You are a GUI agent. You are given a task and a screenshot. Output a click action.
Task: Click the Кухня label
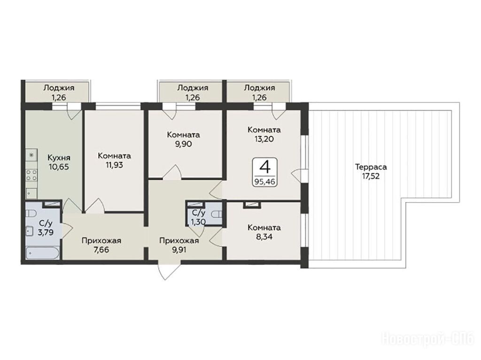pos(59,158)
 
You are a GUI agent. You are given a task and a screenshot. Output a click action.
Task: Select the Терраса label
pos(371,167)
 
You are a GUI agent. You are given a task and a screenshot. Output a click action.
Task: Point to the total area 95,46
pos(264,182)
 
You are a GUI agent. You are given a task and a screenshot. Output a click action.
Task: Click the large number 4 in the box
pos(265,168)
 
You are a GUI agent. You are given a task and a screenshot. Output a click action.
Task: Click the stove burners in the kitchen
pos(31,175)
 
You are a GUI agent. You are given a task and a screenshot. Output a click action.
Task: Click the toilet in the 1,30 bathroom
pos(217,214)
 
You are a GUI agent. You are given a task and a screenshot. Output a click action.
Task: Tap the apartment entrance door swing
pos(166,270)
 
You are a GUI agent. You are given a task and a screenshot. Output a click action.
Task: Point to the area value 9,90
pos(184,144)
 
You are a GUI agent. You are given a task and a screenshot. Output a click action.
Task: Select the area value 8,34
pos(264,237)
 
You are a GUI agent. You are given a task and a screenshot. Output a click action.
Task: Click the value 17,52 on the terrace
pos(371,176)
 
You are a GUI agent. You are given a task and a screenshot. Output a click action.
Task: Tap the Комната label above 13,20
pos(264,130)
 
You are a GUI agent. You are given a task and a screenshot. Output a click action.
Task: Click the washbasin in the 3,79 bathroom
pos(30,230)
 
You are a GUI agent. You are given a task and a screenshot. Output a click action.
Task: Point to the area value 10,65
pos(59,167)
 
